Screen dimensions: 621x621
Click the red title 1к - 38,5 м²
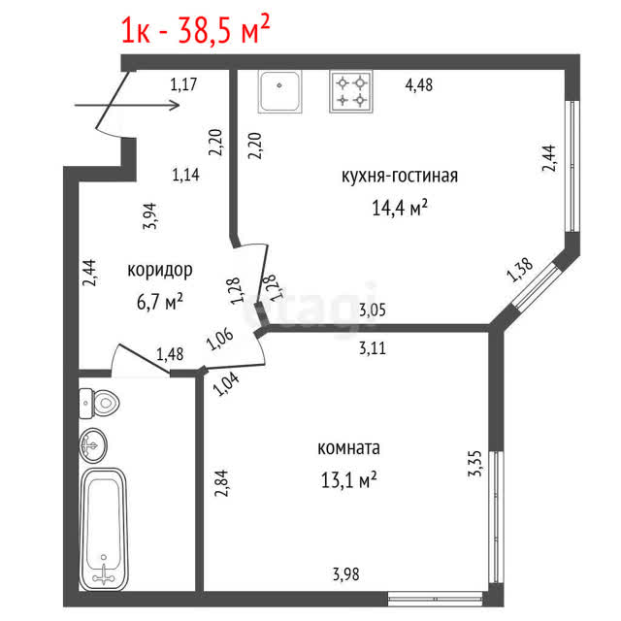(x=195, y=29)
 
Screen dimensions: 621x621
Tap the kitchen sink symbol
(x=280, y=91)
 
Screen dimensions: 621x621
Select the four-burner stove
(x=351, y=91)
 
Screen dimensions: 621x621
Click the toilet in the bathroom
(x=99, y=404)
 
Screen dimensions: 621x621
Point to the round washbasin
(x=93, y=445)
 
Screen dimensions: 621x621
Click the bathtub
(x=104, y=529)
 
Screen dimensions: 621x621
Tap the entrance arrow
(x=127, y=106)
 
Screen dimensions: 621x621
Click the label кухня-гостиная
(x=400, y=176)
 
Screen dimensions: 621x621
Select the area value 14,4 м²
(x=400, y=207)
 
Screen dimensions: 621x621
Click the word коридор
(x=160, y=271)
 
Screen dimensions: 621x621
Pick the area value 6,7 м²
(x=159, y=302)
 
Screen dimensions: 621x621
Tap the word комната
(x=349, y=448)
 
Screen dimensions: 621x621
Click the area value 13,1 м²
(x=348, y=479)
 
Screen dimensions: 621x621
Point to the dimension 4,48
(x=419, y=84)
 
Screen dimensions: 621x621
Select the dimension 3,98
(x=346, y=573)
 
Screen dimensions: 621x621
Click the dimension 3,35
(x=474, y=464)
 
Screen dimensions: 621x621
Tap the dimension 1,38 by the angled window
(x=520, y=270)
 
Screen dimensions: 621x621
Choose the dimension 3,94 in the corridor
(x=150, y=216)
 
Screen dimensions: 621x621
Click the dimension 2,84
(x=221, y=483)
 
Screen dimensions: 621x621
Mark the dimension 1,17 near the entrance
(x=183, y=84)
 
